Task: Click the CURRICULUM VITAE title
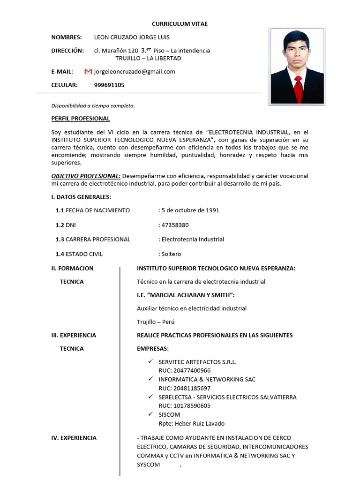[x=180, y=23]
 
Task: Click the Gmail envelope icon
[x=88, y=71]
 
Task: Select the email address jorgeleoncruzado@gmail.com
[x=135, y=71]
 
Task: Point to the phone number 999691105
[x=109, y=85]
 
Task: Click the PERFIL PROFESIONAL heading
[x=80, y=119]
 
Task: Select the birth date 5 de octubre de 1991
[x=190, y=210]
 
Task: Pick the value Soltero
[x=171, y=254]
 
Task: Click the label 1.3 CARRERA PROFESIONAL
[x=93, y=239]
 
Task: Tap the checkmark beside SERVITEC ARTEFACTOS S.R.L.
[x=150, y=361]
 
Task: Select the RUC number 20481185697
[x=185, y=388]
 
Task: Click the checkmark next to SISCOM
[x=150, y=414]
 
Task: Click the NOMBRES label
[x=66, y=37]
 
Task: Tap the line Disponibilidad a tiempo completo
[x=93, y=105]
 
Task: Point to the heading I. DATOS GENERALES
[x=81, y=197]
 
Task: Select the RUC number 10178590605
[x=185, y=405]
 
